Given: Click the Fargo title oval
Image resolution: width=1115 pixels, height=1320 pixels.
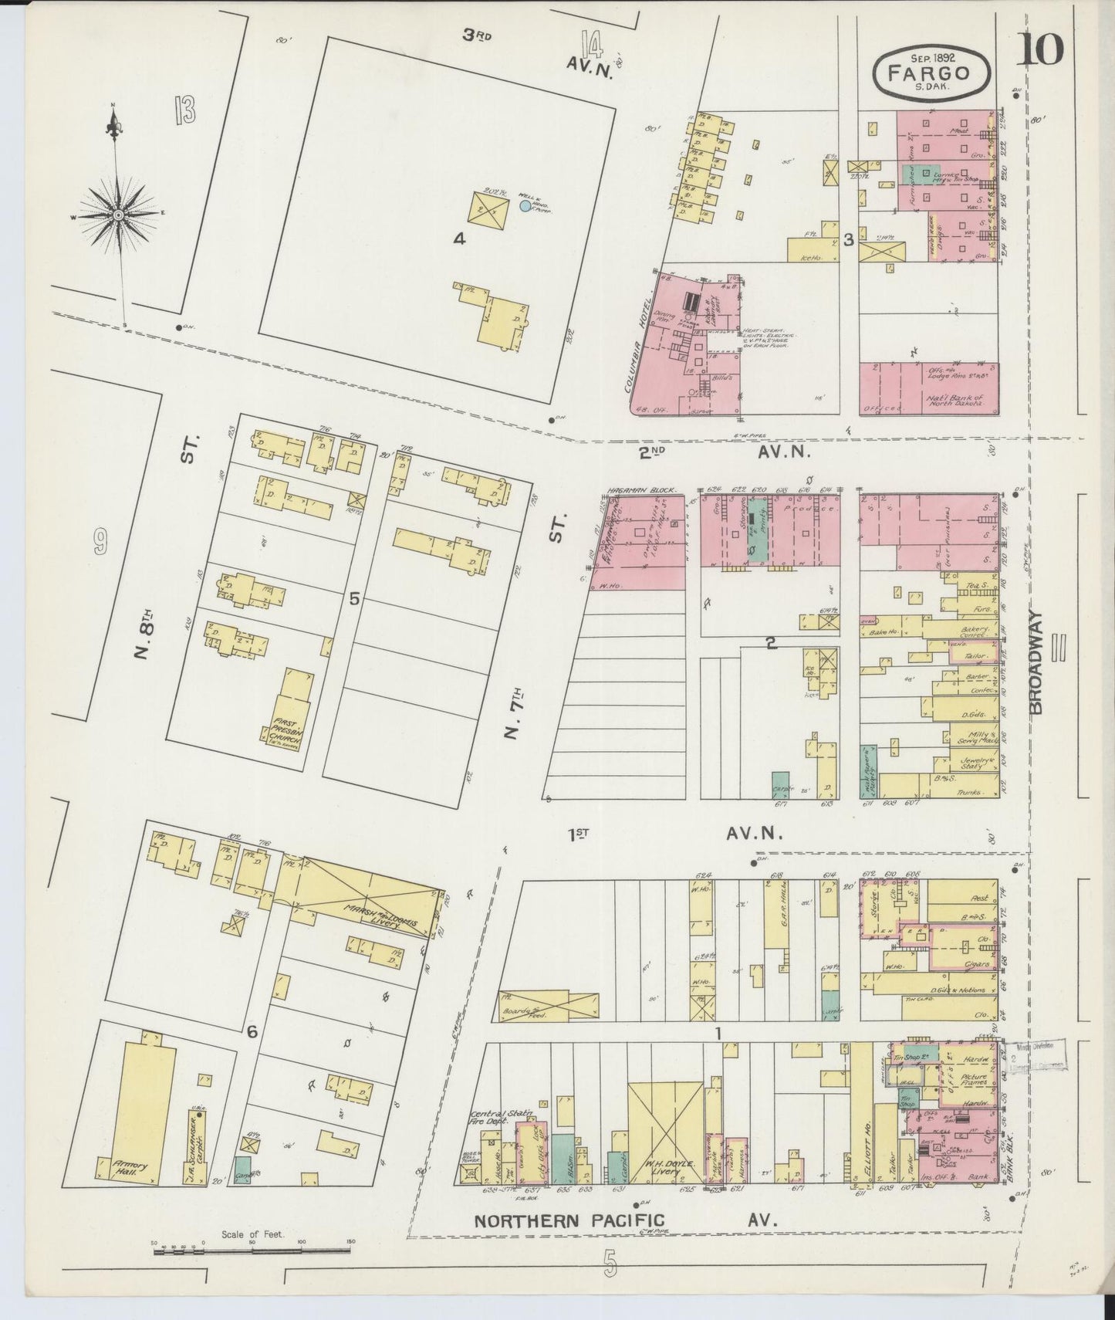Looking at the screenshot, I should (933, 73).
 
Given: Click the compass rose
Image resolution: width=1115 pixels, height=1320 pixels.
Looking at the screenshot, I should (119, 214).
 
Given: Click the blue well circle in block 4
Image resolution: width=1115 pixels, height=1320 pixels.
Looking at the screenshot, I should (525, 206).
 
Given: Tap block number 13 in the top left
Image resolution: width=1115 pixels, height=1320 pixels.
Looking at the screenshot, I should (184, 111).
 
